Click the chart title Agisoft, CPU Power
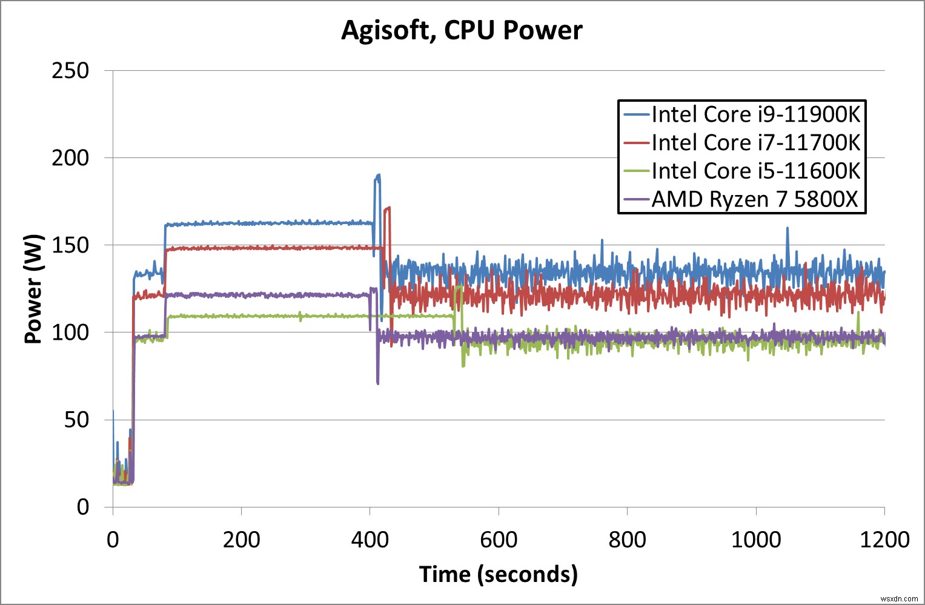pyautogui.click(x=462, y=30)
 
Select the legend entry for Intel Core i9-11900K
pyautogui.click(x=755, y=114)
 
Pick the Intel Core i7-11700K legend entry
pyautogui.click(x=755, y=143)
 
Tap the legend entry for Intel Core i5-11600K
pyautogui.click(x=755, y=171)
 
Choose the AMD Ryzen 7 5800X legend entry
pyautogui.click(x=755, y=199)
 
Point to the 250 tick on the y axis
pyautogui.click(x=70, y=71)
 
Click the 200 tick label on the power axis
pyautogui.click(x=70, y=158)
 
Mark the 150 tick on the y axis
pyautogui.click(x=70, y=245)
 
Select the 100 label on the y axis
pyautogui.click(x=70, y=332)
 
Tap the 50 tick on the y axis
pyautogui.click(x=77, y=420)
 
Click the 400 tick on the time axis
pyautogui.click(x=370, y=540)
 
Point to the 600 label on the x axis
pyautogui.click(x=499, y=540)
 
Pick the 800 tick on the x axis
pyautogui.click(x=627, y=540)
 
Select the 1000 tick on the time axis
pyautogui.click(x=756, y=540)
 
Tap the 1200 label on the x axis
pyautogui.click(x=884, y=540)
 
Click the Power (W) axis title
pyautogui.click(x=33, y=289)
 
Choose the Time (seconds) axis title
pyautogui.click(x=498, y=574)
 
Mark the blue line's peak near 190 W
pyautogui.click(x=378, y=176)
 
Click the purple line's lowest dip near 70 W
pyautogui.click(x=378, y=383)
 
